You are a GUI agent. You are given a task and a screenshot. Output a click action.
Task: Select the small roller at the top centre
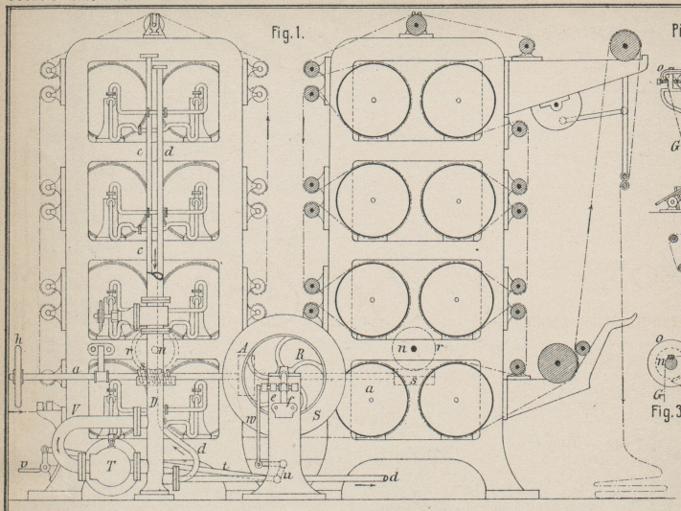coord(417,23)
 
